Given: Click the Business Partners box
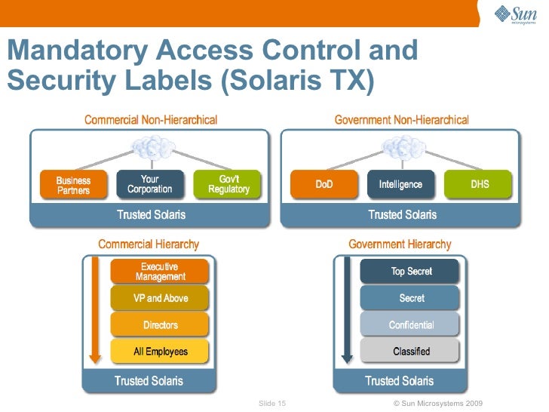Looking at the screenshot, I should coord(73,185).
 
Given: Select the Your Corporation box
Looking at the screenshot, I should coord(149,185).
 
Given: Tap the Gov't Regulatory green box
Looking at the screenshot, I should coord(228,185).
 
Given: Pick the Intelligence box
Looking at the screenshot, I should coord(400,185).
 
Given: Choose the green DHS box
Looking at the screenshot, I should coord(480,185).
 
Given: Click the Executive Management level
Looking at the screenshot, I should coord(160,272).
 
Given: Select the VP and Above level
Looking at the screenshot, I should coord(160,298).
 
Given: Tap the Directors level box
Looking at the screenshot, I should coord(160,325).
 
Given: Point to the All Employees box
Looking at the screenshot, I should coord(160,352).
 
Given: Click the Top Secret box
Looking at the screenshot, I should coord(411,272).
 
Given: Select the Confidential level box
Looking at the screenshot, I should coord(411,325).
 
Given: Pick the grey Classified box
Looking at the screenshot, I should coord(411,352).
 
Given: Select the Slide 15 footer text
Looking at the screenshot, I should coord(272,404).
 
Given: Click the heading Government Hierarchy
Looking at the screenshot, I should coord(400,244).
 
